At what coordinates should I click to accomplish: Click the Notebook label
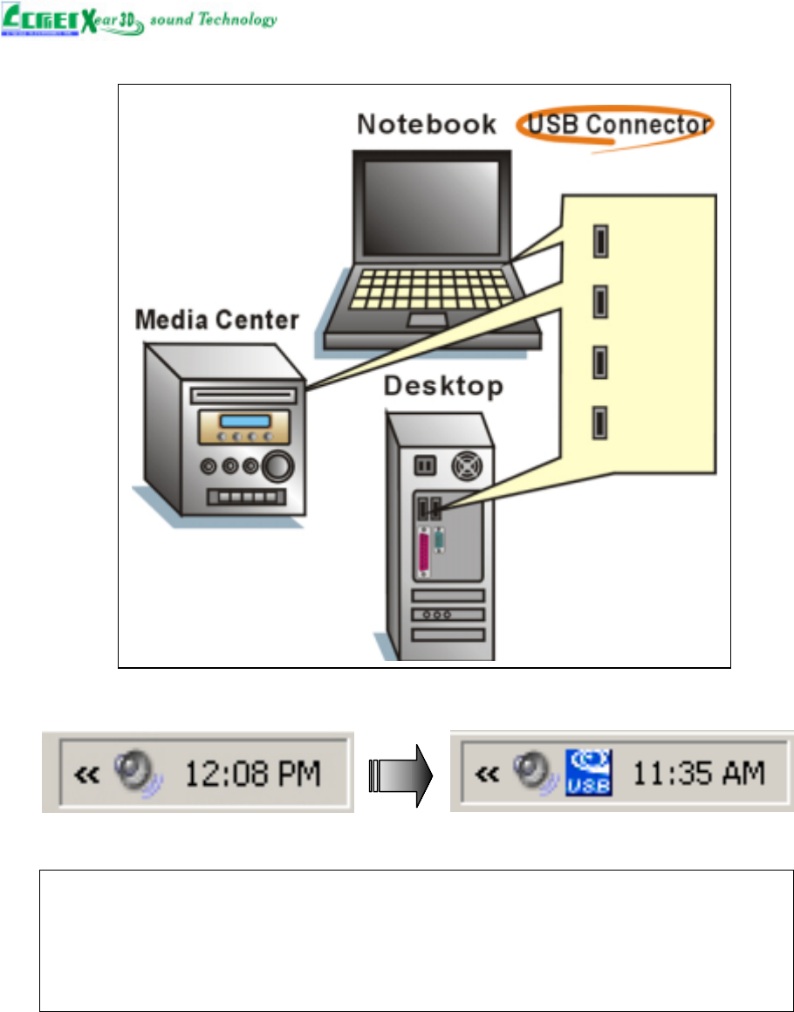(x=427, y=124)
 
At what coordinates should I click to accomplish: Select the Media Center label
(x=216, y=321)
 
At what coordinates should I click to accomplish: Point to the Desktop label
(x=443, y=385)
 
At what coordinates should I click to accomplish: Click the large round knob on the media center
(x=278, y=467)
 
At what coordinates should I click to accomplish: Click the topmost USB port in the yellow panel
(x=600, y=240)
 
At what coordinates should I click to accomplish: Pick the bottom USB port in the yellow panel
(x=600, y=423)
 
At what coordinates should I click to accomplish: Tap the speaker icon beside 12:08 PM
(x=139, y=773)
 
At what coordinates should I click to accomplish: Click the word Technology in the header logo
(x=237, y=19)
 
